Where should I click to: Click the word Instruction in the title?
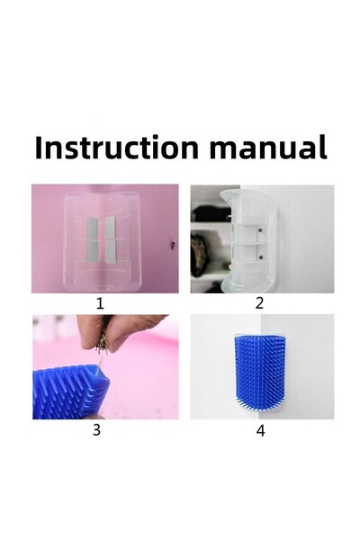click(117, 148)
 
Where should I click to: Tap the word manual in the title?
click(268, 148)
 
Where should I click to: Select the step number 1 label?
click(100, 303)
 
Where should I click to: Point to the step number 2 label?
click(259, 303)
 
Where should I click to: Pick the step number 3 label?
click(96, 430)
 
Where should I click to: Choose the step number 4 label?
click(261, 430)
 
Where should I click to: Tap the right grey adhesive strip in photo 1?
click(110, 239)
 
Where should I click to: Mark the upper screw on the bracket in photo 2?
click(261, 229)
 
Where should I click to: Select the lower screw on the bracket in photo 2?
click(261, 256)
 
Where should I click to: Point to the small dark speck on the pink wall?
click(173, 245)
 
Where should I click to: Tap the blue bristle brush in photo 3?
click(70, 392)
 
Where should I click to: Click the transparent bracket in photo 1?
click(103, 241)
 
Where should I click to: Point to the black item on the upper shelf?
click(210, 214)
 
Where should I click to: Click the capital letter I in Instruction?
click(38, 148)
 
